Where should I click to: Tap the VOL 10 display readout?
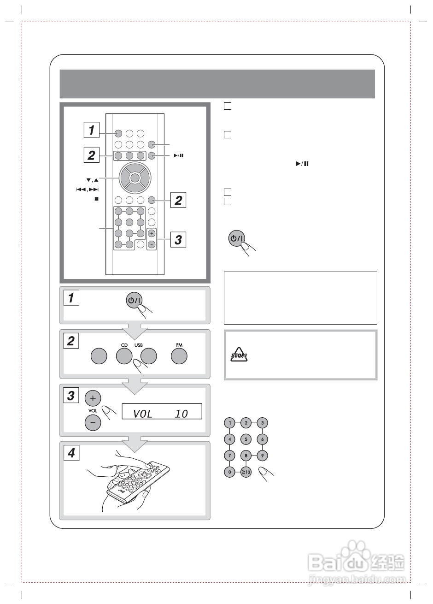162,411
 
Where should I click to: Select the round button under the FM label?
179,356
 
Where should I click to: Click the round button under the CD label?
124,356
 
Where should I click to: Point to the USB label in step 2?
139,345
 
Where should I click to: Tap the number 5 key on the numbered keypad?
246,439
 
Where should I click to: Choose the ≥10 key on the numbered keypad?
246,473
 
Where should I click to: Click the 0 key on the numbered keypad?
229,473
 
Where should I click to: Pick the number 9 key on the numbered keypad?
262,456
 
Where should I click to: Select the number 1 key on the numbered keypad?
229,422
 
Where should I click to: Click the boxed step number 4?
71,453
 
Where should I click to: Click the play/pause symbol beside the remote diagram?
179,155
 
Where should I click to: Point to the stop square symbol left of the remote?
97,199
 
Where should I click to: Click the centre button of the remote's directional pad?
134,178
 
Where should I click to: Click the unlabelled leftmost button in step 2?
99,356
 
